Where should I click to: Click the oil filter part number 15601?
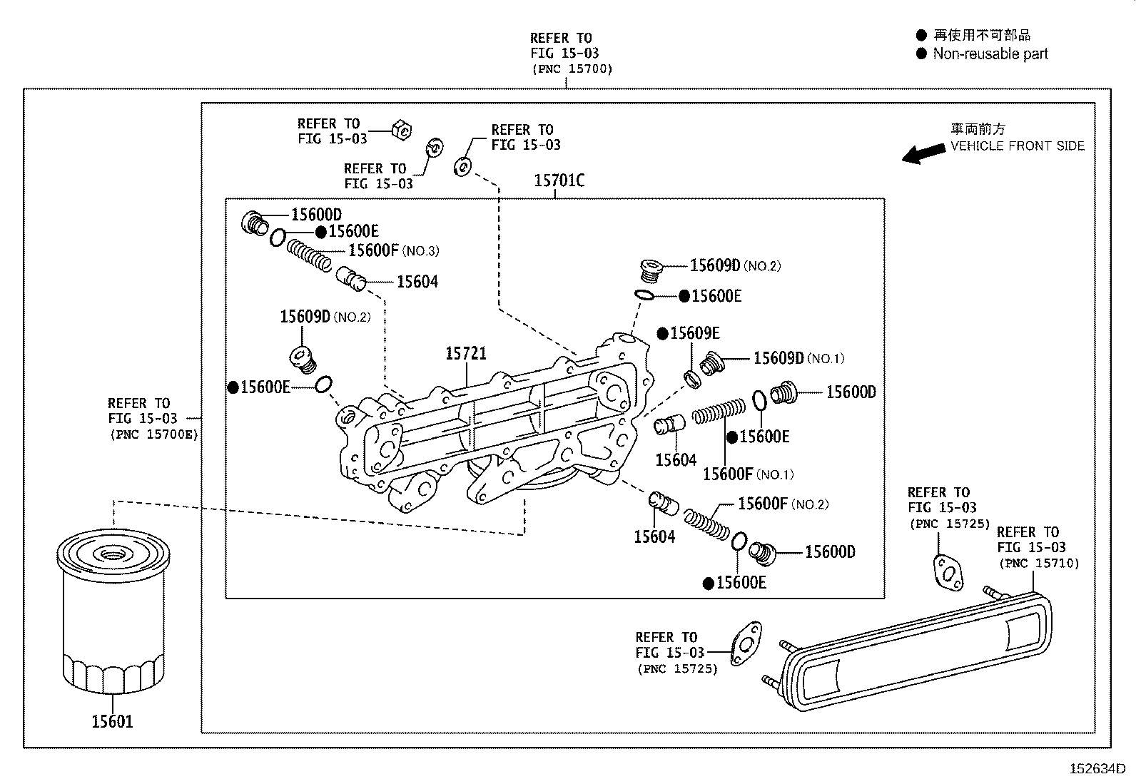tap(112, 721)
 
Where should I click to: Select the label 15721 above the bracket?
tap(466, 353)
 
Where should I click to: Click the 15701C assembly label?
tap(559, 181)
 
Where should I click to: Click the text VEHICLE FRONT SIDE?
tap(1017, 146)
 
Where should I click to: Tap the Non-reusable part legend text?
tap(990, 54)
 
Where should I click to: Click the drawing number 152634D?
tap(1096, 769)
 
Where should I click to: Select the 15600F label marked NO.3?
tap(374, 250)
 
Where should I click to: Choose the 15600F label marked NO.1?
tap(728, 474)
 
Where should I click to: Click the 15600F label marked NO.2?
tap(762, 504)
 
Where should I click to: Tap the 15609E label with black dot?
tap(694, 333)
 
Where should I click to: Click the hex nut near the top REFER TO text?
tap(401, 129)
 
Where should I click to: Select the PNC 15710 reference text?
tap(1038, 564)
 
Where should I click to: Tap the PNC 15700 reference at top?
tap(572, 69)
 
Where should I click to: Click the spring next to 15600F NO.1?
tap(719, 412)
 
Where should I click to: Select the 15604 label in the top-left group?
tap(417, 282)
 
